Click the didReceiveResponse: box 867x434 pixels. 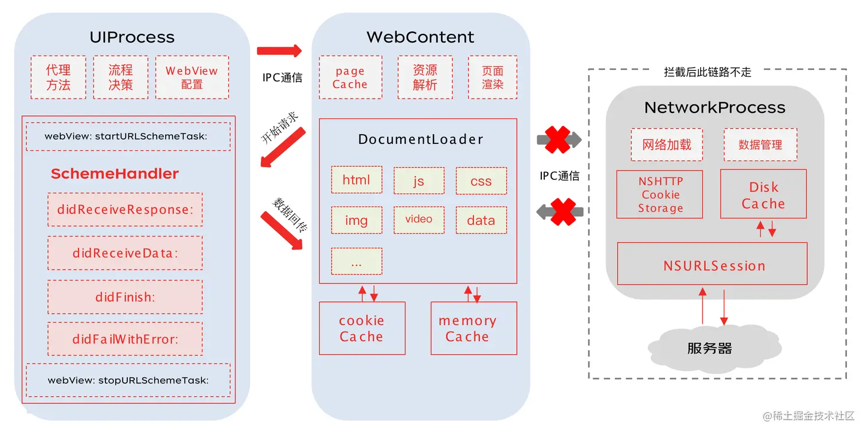(x=125, y=209)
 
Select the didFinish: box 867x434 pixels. (x=125, y=297)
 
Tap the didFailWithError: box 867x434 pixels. (x=125, y=339)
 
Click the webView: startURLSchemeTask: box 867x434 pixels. (x=128, y=136)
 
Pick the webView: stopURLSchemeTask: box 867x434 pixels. (x=128, y=380)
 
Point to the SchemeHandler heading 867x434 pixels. (x=115, y=174)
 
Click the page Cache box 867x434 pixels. (x=351, y=77)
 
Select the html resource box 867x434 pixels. (x=357, y=180)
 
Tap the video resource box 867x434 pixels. (x=419, y=220)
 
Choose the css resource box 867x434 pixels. (x=481, y=181)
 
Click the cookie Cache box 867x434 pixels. (x=362, y=329)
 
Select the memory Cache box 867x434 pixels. (x=474, y=329)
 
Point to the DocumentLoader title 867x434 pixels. (x=420, y=139)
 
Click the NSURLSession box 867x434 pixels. (x=712, y=264)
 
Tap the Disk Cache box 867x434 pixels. (x=763, y=194)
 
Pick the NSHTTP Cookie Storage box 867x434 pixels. (x=659, y=194)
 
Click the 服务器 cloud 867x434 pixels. (x=714, y=348)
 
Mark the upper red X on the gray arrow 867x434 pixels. (x=558, y=139)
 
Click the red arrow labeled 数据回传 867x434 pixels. (x=282, y=230)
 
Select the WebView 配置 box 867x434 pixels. (x=192, y=77)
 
